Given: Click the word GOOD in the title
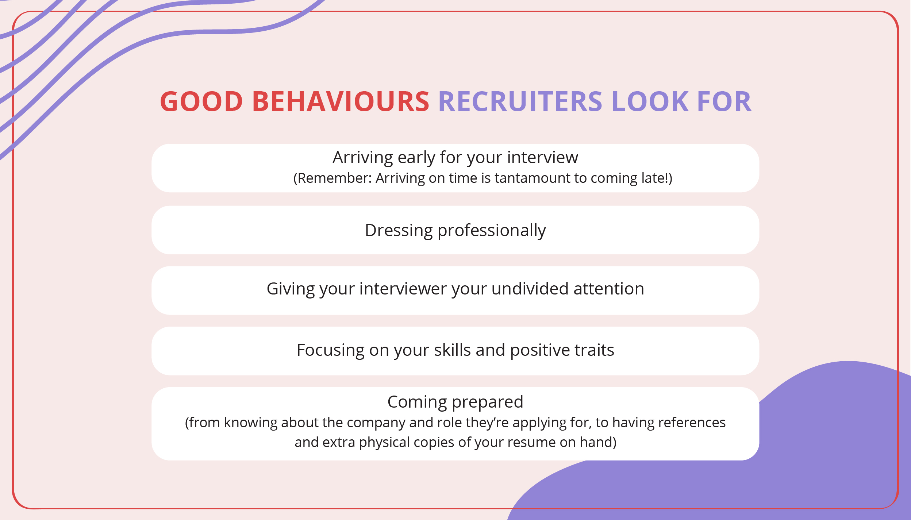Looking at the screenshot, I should coord(201,101).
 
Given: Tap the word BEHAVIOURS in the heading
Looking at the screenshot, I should coord(341,101).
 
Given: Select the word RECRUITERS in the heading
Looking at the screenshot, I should coord(520,101).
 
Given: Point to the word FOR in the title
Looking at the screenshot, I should coord(724,101).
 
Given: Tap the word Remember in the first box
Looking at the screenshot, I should coord(334,178).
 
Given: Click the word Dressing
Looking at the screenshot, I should coord(399,231).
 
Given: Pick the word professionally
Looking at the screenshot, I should coord(491,231).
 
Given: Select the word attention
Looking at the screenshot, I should coord(609,289).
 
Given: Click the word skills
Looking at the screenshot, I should coord(452,350).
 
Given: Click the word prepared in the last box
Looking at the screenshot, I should coord(488,402).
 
